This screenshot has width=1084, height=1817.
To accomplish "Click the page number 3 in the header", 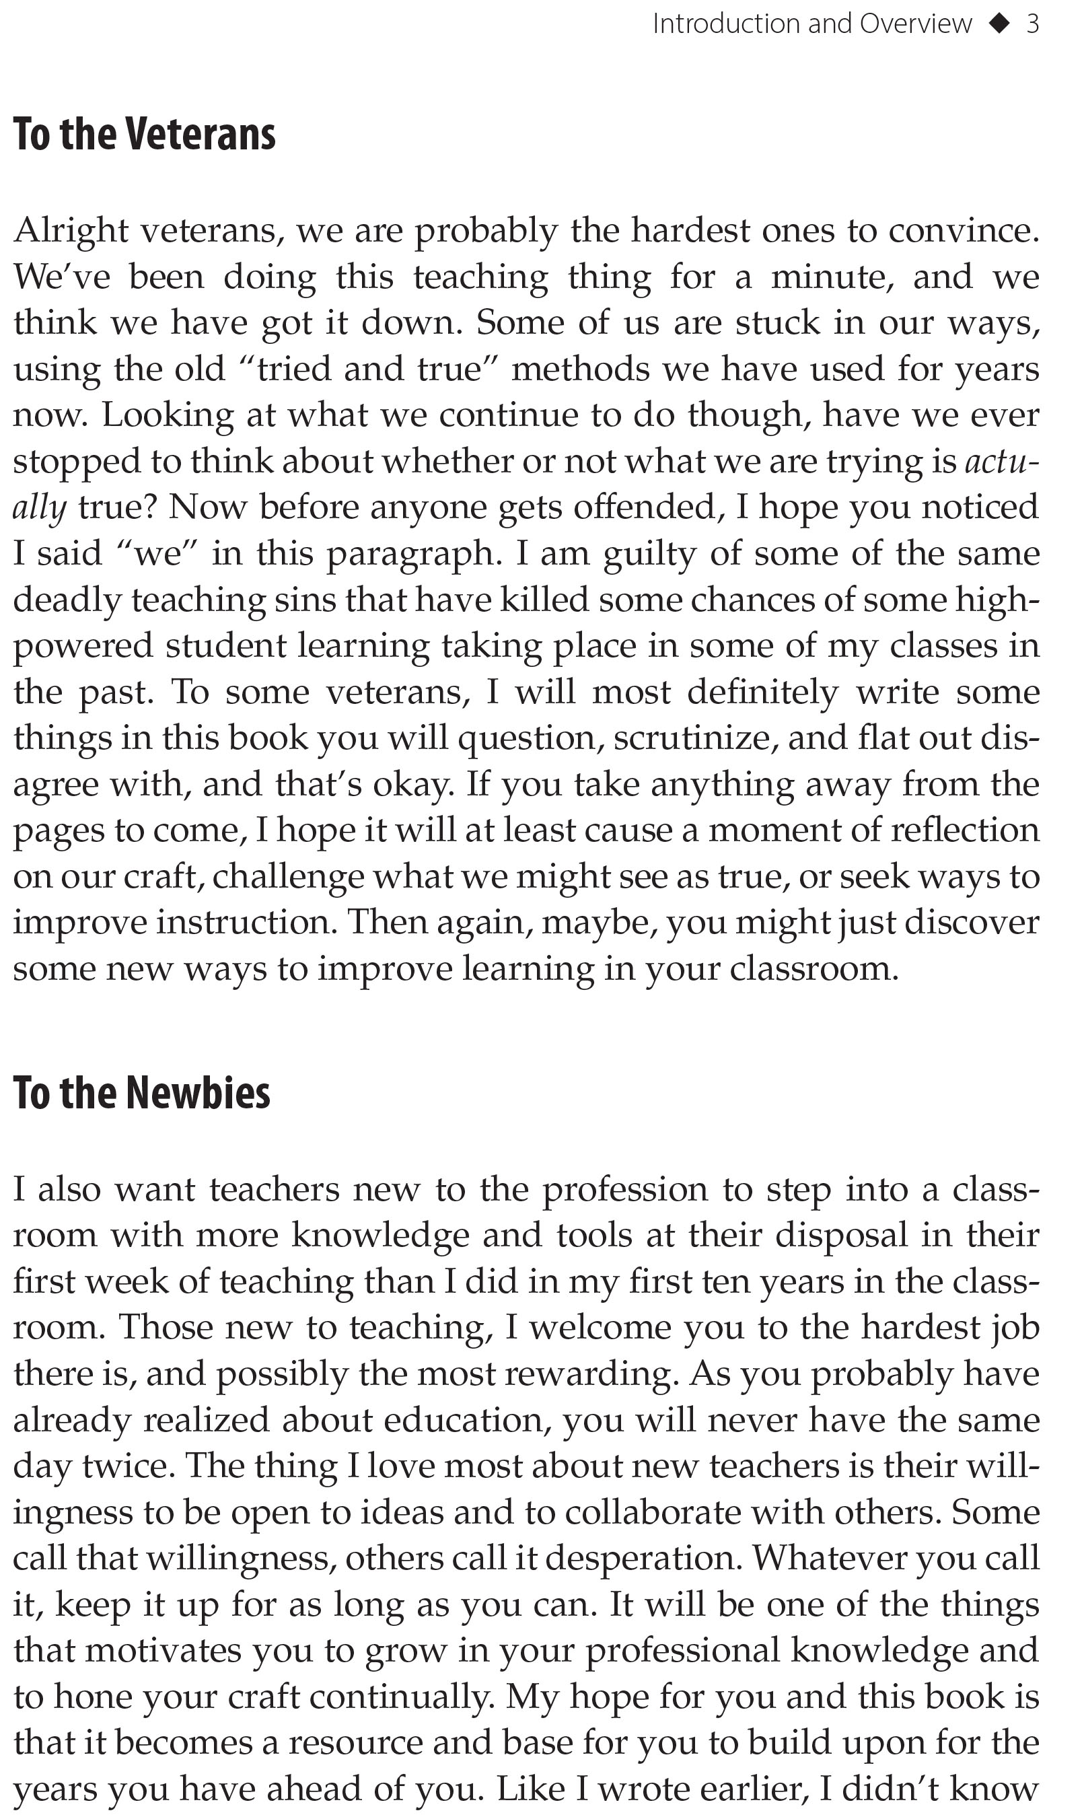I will tap(1032, 24).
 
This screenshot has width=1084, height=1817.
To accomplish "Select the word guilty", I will tap(649, 554).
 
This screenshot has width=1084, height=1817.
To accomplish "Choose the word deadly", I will tap(67, 600).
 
